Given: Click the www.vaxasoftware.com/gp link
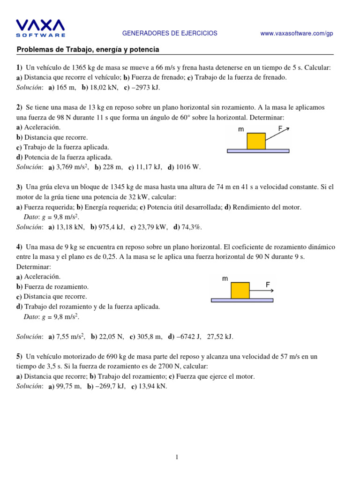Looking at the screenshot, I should pyautogui.click(x=296, y=33).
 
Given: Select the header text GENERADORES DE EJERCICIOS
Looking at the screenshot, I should pyautogui.click(x=170, y=33).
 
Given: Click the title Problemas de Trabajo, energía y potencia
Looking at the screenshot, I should pyautogui.click(x=88, y=49).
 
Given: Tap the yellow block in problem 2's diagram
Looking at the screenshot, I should pyautogui.click(x=256, y=141).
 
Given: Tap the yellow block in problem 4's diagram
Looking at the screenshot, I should pyautogui.click(x=240, y=290).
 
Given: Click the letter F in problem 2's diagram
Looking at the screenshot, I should pyautogui.click(x=280, y=128).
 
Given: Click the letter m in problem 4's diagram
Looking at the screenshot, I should pyautogui.click(x=225, y=278).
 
